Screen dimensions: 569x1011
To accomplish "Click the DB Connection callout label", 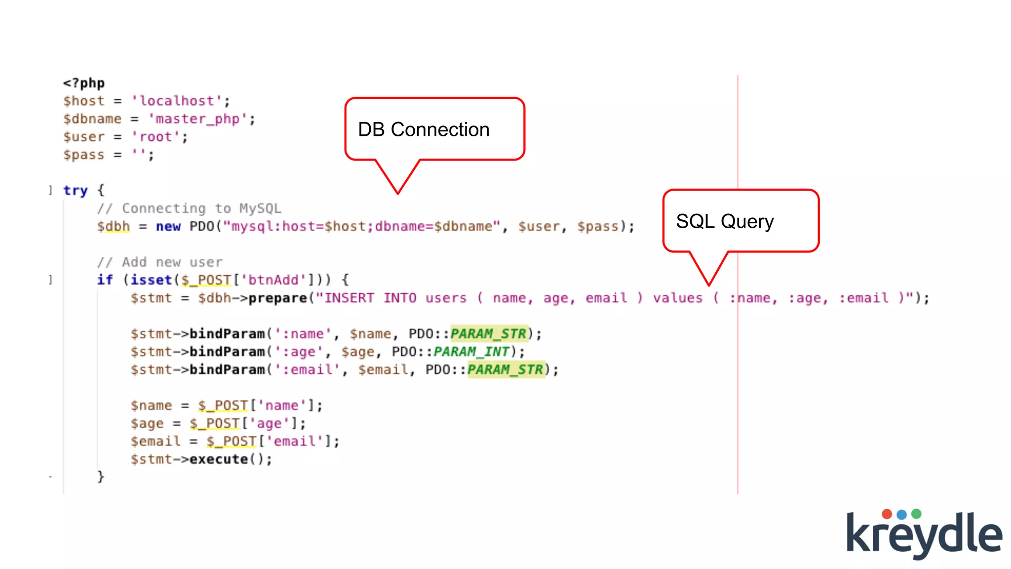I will click(424, 129).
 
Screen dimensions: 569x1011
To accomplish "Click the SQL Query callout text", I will click(724, 221).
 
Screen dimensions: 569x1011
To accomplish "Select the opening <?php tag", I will click(84, 83).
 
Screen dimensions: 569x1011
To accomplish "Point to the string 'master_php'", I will click(197, 119).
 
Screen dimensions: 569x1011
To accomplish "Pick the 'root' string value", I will click(156, 137).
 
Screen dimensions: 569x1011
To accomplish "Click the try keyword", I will click(75, 190).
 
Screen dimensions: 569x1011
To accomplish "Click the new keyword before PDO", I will click(168, 226).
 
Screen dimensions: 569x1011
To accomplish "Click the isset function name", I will click(151, 280).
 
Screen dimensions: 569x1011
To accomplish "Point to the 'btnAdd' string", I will click(273, 280).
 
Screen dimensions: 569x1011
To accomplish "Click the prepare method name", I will click(277, 298).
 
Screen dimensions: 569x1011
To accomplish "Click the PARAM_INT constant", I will click(471, 352).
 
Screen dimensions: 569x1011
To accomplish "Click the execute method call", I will click(218, 459).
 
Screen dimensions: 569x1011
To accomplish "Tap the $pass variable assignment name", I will click(84, 155).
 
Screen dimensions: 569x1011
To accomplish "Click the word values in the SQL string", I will click(677, 298).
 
